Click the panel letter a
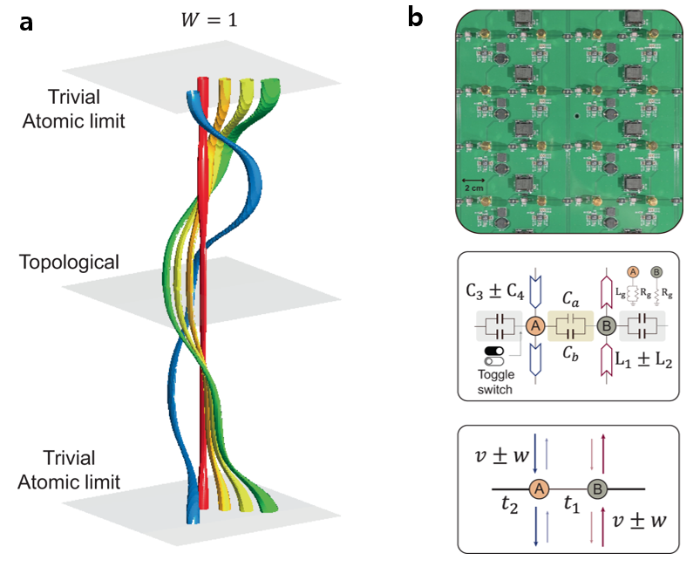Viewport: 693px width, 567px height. pyautogui.click(x=28, y=23)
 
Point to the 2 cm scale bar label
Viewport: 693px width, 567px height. pyautogui.click(x=475, y=188)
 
